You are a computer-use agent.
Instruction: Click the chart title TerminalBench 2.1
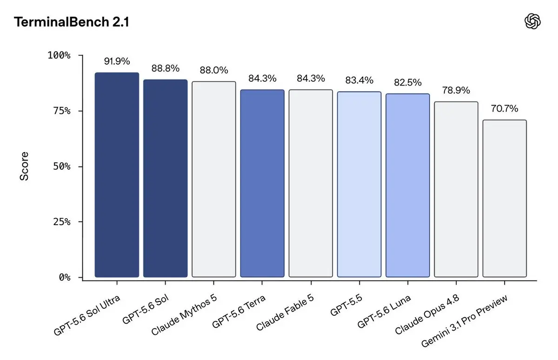pyautogui.click(x=72, y=22)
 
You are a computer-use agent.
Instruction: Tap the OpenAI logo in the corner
pyautogui.click(x=532, y=21)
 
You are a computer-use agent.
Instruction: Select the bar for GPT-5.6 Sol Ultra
pyautogui.click(x=117, y=175)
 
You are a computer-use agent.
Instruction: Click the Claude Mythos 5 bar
pyautogui.click(x=214, y=179)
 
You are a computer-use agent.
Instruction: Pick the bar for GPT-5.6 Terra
pyautogui.click(x=262, y=183)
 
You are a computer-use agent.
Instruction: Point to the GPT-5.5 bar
pyautogui.click(x=359, y=184)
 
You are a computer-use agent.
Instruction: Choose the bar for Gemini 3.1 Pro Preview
pyautogui.click(x=505, y=199)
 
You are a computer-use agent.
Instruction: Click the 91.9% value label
pyautogui.click(x=117, y=61)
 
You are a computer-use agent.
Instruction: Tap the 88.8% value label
pyautogui.click(x=166, y=68)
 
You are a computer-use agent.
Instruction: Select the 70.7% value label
pyautogui.click(x=505, y=109)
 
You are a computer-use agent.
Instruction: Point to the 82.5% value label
pyautogui.click(x=408, y=82)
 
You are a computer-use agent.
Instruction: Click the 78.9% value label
pyautogui.click(x=456, y=90)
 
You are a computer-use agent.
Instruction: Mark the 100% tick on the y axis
pyautogui.click(x=59, y=55)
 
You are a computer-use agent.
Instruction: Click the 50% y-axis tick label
pyautogui.click(x=62, y=166)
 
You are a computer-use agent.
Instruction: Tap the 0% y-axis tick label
pyautogui.click(x=65, y=277)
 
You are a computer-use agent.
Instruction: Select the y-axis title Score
pyautogui.click(x=24, y=166)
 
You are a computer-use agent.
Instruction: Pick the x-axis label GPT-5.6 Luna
pyautogui.click(x=384, y=312)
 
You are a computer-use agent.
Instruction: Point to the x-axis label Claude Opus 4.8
pyautogui.click(x=427, y=314)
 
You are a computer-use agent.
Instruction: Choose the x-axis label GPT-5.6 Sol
pyautogui.click(x=146, y=309)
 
